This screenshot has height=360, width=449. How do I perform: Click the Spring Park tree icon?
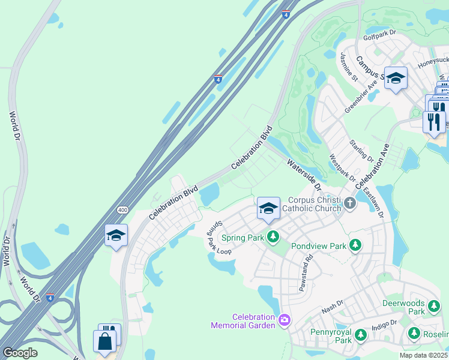tap(273, 237)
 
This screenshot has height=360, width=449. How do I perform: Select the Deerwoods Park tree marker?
tap(434, 307)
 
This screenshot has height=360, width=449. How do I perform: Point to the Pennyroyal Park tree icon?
tap(361, 335)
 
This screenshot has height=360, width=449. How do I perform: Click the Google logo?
tap(19, 353)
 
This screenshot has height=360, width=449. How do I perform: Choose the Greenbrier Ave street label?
tap(361, 96)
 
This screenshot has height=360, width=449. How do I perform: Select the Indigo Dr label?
tap(384, 325)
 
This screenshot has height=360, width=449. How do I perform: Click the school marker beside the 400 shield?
tap(116, 235)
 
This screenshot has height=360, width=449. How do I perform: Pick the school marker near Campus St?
tap(396, 78)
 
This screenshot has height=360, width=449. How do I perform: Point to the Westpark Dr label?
tap(343, 169)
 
